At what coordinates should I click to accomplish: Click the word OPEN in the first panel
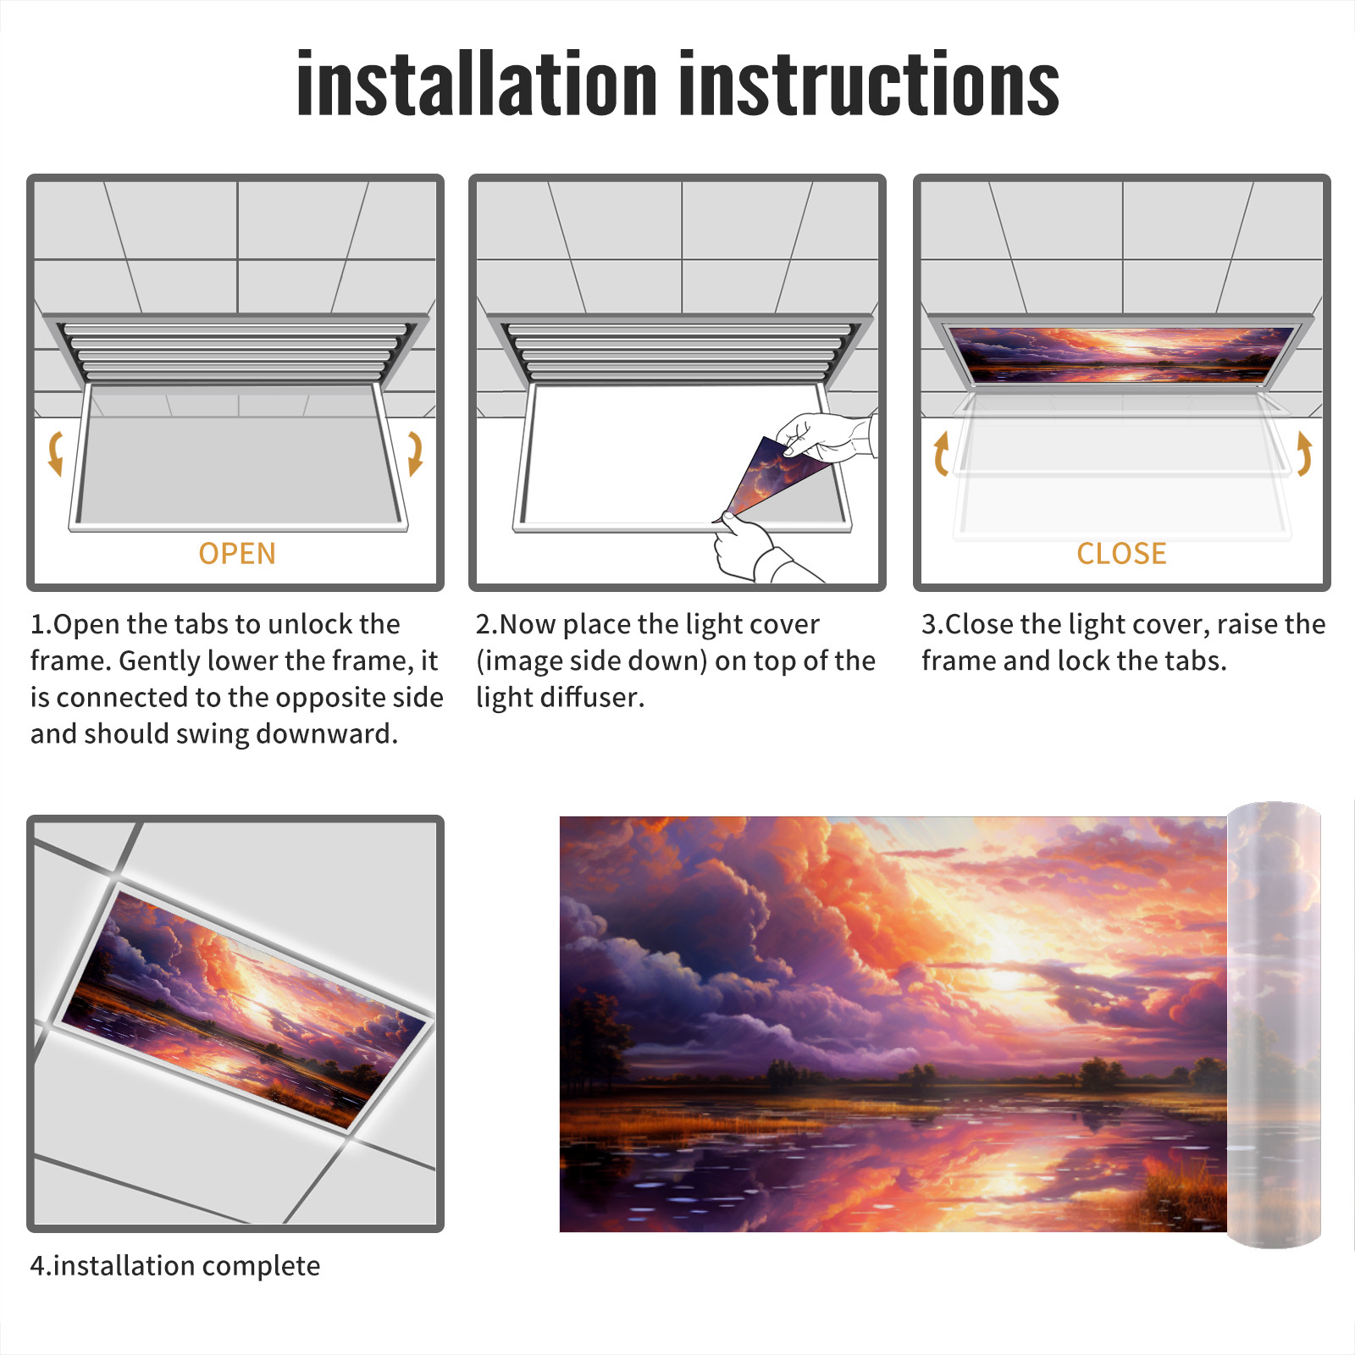pyautogui.click(x=237, y=554)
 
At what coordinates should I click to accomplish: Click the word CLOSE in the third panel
pyautogui.click(x=1121, y=554)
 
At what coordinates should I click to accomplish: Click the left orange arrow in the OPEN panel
pyautogui.click(x=55, y=453)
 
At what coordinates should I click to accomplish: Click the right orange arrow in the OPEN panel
pyautogui.click(x=415, y=453)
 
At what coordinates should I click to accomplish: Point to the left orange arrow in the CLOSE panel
pyautogui.click(x=940, y=453)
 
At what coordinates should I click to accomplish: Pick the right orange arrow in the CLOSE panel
pyautogui.click(x=1304, y=453)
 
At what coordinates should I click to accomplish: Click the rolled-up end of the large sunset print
pyautogui.click(x=1274, y=1025)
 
